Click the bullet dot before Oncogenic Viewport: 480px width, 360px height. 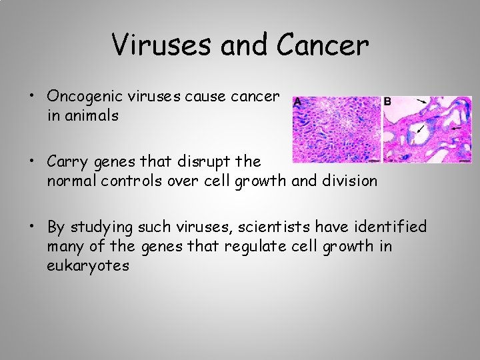pyautogui.click(x=32, y=97)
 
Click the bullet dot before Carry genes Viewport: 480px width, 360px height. pyautogui.click(x=32, y=162)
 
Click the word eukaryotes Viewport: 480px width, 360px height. pyautogui.click(x=88, y=265)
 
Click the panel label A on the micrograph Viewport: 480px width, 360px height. pyautogui.click(x=297, y=101)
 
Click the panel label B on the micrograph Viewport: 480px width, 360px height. pyautogui.click(x=387, y=101)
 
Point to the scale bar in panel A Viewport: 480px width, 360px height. pyautogui.click(x=374, y=161)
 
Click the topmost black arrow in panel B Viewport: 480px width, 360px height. pyautogui.click(x=423, y=101)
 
